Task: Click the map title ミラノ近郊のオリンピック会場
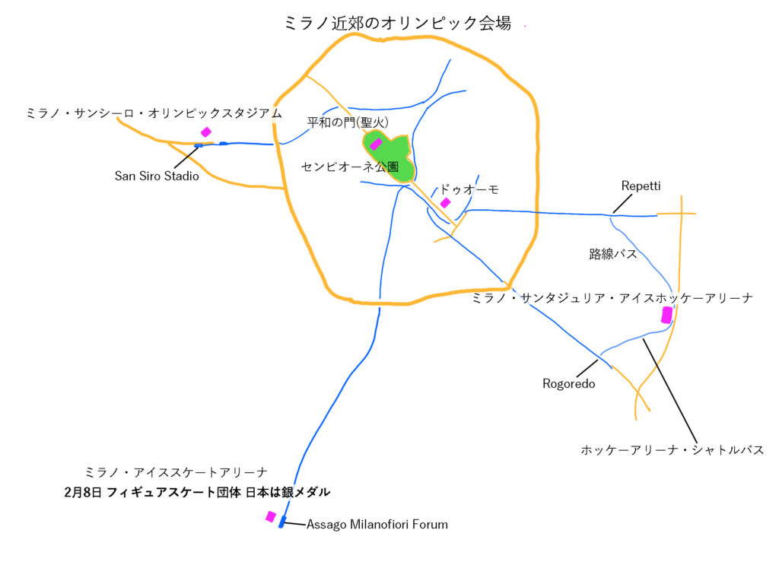397,23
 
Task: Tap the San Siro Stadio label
157,176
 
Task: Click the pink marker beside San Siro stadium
205,132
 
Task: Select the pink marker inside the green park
376,144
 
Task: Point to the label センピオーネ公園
350,167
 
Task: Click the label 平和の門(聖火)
348,122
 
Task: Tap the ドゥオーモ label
469,189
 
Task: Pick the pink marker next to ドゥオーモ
445,202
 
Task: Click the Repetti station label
641,186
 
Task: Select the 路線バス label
612,254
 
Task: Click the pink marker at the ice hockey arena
666,315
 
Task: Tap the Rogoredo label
568,383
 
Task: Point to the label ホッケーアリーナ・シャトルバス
672,450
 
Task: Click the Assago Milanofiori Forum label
377,525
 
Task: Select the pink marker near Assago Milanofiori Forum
271,516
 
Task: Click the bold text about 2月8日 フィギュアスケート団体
197,492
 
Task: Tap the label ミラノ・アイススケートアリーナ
176,472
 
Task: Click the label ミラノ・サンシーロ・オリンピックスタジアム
154,113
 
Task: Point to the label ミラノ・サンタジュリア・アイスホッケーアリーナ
612,298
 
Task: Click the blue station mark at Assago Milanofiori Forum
282,522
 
